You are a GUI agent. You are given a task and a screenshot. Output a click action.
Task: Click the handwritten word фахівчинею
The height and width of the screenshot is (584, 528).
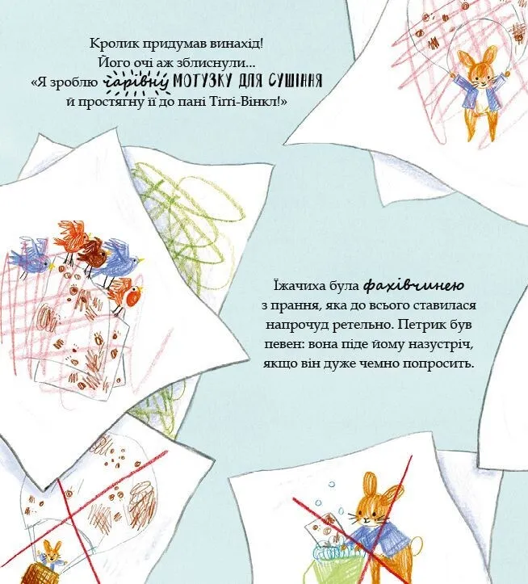coord(413,286)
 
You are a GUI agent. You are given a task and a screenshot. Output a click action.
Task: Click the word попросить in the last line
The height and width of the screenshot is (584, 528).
coord(438,363)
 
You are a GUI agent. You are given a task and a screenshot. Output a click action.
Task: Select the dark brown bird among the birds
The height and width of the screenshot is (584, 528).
coord(93,254)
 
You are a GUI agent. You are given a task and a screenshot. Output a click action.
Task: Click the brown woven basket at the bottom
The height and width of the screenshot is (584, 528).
coord(37,573)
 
